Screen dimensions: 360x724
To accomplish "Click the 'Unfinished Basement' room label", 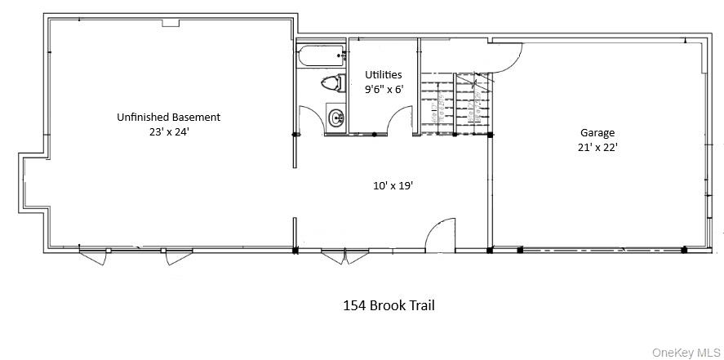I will [x=168, y=117].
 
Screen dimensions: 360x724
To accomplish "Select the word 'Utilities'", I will [x=383, y=74].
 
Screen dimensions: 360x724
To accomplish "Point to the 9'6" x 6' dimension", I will [x=383, y=89].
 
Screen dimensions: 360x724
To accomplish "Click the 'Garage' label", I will [x=597, y=132].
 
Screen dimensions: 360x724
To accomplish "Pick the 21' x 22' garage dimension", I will [x=597, y=147].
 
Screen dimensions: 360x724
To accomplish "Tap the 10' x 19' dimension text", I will [x=393, y=185].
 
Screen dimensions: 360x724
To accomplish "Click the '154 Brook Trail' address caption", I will [x=388, y=305].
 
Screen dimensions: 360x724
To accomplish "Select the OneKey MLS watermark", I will [x=686, y=352].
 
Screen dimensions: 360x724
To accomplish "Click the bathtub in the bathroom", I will [x=319, y=58].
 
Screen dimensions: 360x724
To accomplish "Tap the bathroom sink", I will [x=335, y=119].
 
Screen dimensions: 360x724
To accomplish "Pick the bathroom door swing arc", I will [x=309, y=122].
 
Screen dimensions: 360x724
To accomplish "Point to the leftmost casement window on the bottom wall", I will [x=92, y=256].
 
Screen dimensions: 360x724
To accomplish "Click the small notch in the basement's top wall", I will [x=170, y=23].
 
